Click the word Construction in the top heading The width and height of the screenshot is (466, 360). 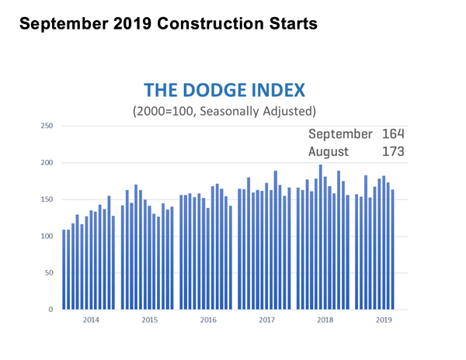click(x=208, y=24)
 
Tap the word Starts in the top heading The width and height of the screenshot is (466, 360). click(x=289, y=24)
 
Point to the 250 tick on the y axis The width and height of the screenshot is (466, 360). click(x=47, y=126)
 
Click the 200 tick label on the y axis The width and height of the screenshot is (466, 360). click(x=47, y=163)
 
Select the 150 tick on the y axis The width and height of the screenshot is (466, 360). click(x=47, y=199)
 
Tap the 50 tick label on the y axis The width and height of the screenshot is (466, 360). click(x=48, y=273)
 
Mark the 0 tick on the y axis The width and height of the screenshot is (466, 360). click(x=50, y=310)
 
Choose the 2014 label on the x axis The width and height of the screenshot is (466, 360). click(x=89, y=319)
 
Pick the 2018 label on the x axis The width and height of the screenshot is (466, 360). click(x=324, y=319)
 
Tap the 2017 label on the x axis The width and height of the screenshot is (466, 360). click(x=266, y=319)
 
